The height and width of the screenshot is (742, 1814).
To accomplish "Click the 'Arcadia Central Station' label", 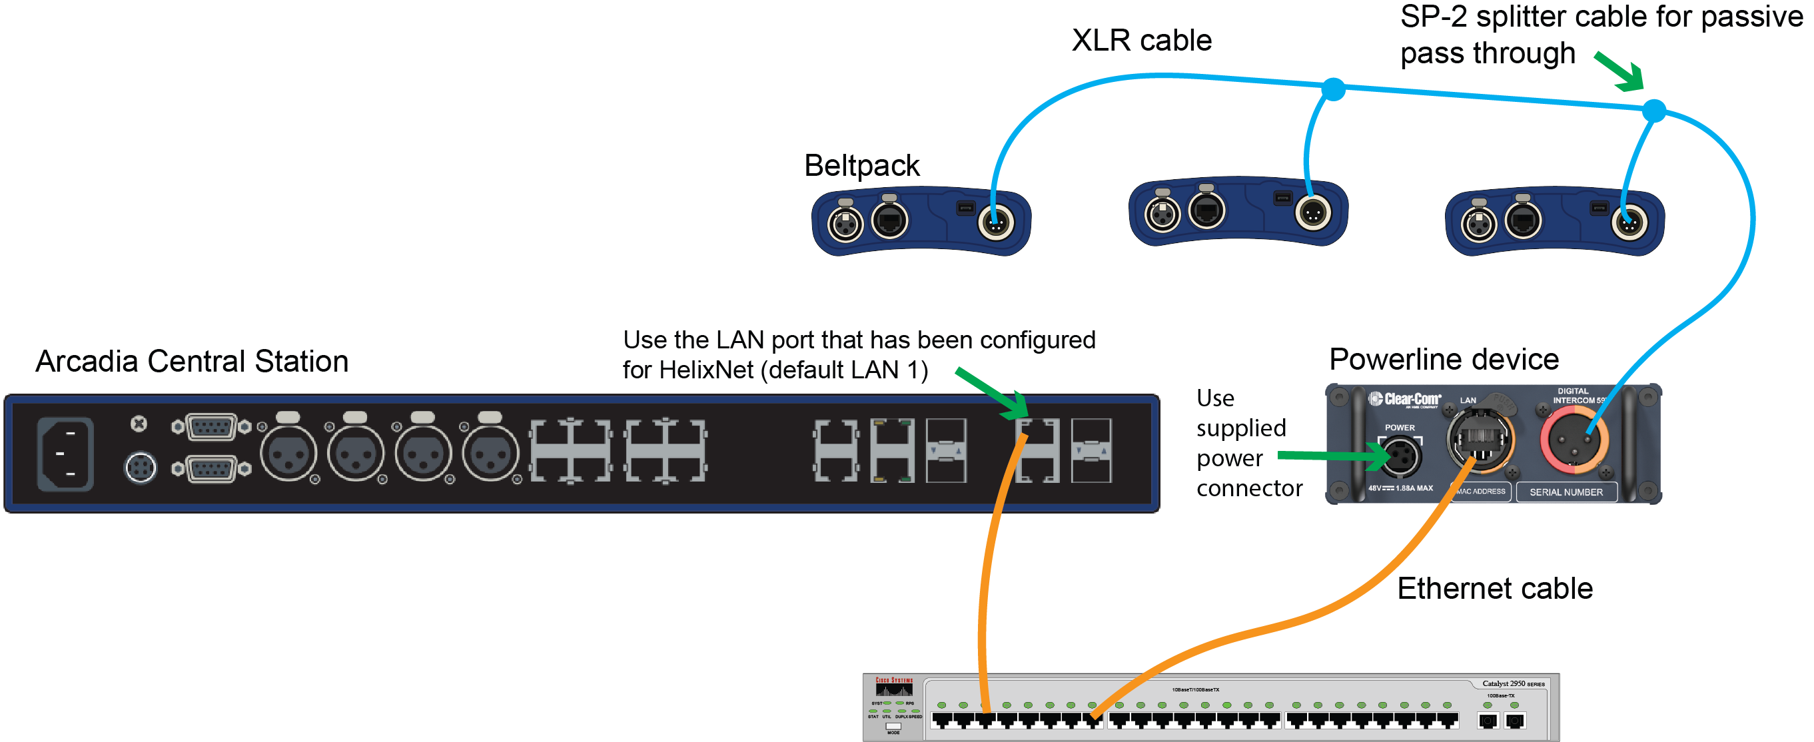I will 192,362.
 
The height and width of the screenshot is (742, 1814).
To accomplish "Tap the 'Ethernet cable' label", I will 1494,589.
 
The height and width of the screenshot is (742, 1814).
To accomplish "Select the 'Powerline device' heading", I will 1444,360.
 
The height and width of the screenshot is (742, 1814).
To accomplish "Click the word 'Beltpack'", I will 861,166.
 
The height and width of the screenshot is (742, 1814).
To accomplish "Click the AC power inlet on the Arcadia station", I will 65,454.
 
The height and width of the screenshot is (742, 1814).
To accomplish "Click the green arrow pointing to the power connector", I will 1331,457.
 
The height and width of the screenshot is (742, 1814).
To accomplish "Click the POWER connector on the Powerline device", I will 1400,456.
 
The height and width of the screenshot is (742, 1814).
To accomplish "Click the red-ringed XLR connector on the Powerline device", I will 1573,442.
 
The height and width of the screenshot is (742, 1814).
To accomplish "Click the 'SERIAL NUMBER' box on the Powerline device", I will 1566,492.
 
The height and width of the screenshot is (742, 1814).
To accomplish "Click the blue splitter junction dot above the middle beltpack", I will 1333,89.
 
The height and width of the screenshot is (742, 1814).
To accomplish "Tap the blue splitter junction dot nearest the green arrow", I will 1653,111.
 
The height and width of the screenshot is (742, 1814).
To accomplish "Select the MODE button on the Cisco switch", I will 893,726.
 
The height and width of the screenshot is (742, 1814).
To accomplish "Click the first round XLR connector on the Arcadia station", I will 288,455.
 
